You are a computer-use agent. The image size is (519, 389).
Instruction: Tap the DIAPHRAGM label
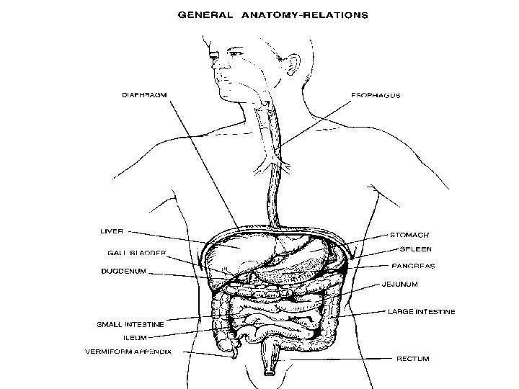[144, 94]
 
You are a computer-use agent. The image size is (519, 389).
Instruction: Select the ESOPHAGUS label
[376, 94]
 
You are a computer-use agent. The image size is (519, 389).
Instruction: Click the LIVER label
[111, 231]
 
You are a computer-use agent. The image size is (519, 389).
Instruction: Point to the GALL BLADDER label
[137, 253]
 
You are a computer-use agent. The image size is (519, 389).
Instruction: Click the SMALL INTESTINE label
[130, 325]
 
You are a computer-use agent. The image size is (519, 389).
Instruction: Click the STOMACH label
[409, 235]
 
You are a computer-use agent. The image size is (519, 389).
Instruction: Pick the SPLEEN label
[416, 249]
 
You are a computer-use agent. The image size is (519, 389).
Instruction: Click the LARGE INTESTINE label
[421, 312]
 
